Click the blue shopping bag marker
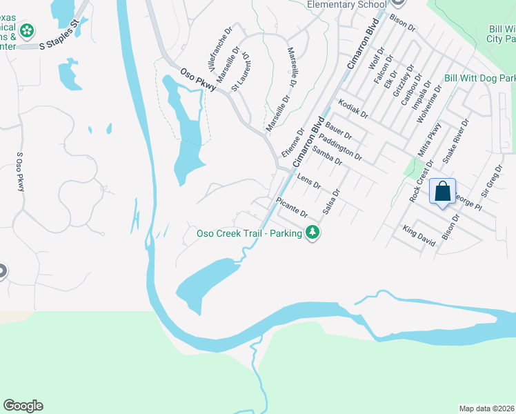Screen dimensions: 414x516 (x=442, y=190)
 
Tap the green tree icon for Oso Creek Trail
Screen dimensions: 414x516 (x=313, y=233)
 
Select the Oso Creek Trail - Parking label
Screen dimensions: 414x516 (x=250, y=233)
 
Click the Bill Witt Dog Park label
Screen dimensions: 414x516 (x=480, y=79)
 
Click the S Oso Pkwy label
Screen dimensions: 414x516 (x=20, y=172)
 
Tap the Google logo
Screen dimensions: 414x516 (x=23, y=406)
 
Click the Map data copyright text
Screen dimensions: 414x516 (x=486, y=408)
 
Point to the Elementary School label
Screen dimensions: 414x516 (x=346, y=4)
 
